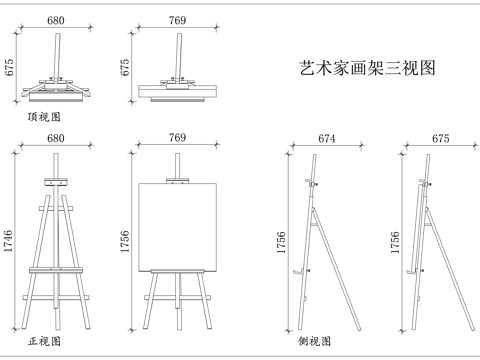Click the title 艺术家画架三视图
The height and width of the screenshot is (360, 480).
pos(367,68)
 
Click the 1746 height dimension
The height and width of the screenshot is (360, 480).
pos(9,246)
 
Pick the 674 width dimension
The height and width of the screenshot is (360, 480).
pos(326,139)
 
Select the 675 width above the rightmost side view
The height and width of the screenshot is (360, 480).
pos(440,139)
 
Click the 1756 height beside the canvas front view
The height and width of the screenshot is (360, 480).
pos(126,246)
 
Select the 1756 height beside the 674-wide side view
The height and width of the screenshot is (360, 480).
pos(282,246)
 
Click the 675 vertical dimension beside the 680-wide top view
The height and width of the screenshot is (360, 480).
pos(9,67)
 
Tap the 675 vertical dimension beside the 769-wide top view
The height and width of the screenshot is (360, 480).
pos(126,67)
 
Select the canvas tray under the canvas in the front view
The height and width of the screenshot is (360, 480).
pos(177,271)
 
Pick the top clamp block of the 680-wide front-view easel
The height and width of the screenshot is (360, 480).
pos(56,184)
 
